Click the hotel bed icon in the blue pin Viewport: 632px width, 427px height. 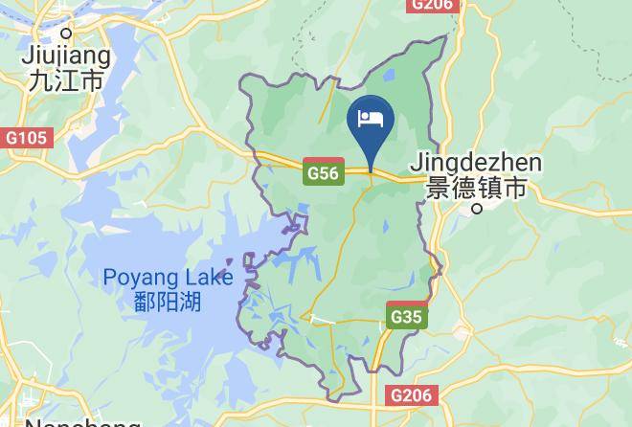[370, 118]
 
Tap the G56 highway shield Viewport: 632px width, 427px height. [323, 173]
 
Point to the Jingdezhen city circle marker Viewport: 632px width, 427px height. [477, 207]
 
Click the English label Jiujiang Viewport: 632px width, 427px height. [67, 56]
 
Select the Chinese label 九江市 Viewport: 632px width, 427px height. [67, 80]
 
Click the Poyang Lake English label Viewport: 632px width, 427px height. [169, 279]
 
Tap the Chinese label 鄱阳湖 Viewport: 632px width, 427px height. [169, 303]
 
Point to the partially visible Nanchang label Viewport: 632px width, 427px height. [81, 421]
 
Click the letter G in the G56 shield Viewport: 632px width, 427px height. [312, 173]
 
